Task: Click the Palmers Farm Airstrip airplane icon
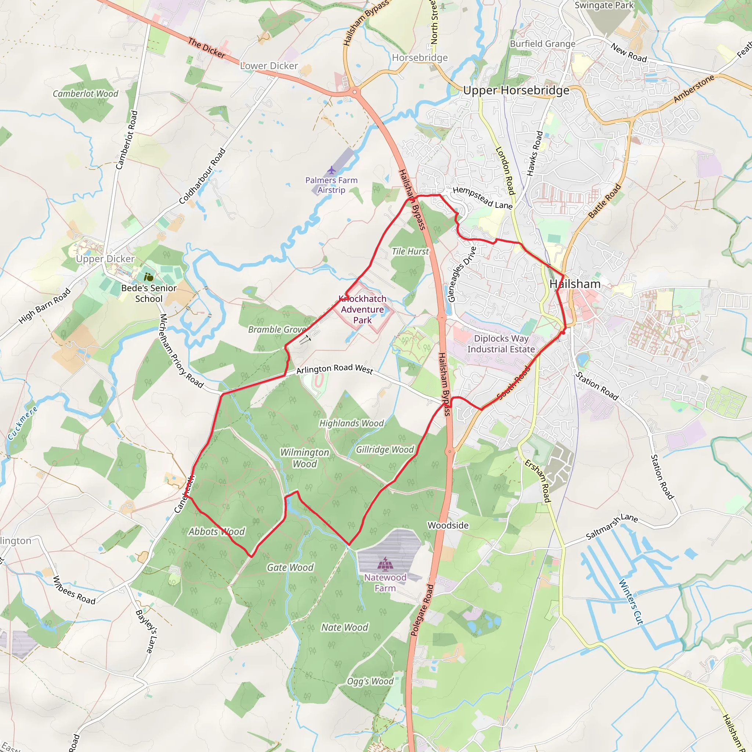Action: (x=331, y=170)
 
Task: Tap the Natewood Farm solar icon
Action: (x=385, y=563)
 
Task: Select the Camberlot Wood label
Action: (x=86, y=94)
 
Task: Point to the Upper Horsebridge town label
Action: (x=516, y=90)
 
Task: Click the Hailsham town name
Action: (x=575, y=284)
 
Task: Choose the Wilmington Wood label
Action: (x=305, y=458)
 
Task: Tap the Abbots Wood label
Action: (x=217, y=532)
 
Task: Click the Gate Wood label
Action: (x=290, y=568)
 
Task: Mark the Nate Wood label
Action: (x=344, y=628)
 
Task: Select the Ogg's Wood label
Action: (x=370, y=681)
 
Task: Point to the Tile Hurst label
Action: (x=410, y=252)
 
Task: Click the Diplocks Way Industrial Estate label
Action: (x=501, y=344)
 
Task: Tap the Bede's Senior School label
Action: (x=149, y=293)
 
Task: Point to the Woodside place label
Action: (x=448, y=525)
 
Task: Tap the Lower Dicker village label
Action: (x=269, y=66)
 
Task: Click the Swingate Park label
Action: (x=604, y=5)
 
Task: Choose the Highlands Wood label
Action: (x=351, y=423)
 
